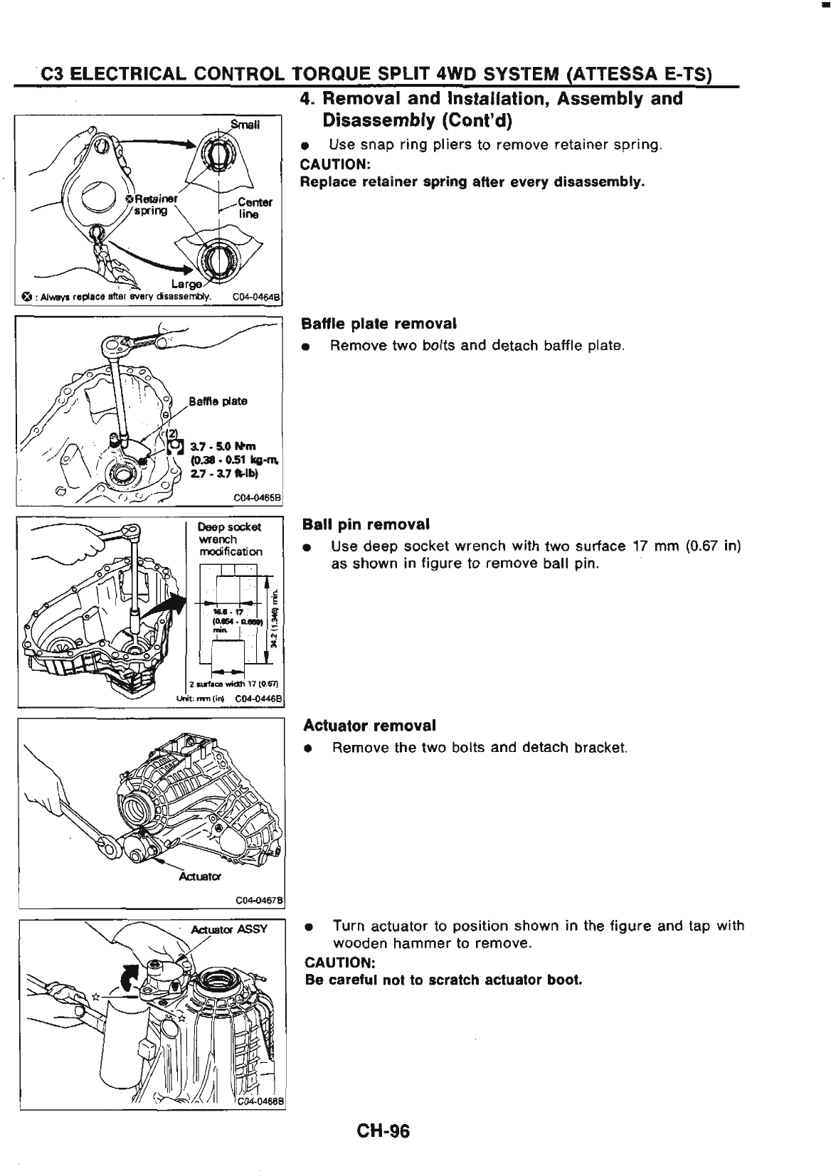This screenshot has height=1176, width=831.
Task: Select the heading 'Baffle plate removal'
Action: pos(379,324)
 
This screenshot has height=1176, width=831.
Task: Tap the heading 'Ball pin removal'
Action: pos(366,524)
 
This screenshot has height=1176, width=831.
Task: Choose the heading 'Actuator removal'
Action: pos(369,726)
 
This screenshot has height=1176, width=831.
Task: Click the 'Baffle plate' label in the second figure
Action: pos(218,401)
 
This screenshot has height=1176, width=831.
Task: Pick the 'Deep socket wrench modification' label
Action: pos(229,539)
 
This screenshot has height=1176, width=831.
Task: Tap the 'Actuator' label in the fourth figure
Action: pos(200,876)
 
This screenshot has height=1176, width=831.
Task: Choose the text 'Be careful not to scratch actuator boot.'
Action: pos(443,980)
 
